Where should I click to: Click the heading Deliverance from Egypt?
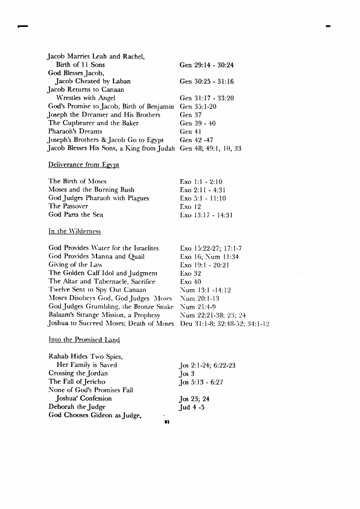click(84, 165)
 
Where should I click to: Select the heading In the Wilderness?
click(74, 231)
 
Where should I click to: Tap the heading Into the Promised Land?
click(84, 339)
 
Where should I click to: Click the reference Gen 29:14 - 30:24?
click(206, 65)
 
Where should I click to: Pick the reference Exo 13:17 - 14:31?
click(206, 215)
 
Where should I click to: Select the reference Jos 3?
click(186, 374)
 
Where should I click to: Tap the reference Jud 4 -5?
click(192, 407)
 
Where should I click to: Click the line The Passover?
click(69, 206)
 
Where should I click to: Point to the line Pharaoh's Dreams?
click(75, 132)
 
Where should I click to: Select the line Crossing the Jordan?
click(78, 374)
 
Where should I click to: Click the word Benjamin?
click(159, 107)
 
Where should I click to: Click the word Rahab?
click(59, 357)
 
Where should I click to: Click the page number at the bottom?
click(166, 422)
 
